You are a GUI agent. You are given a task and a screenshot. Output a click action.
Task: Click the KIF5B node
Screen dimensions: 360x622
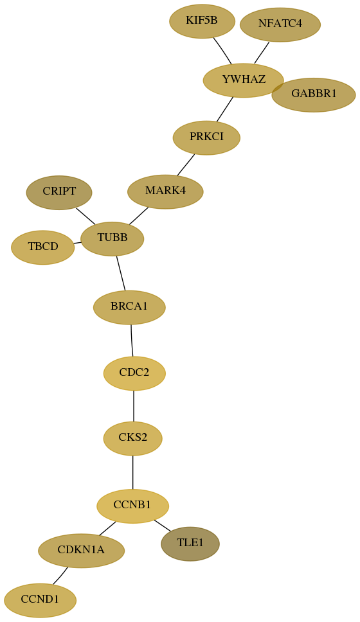(202, 21)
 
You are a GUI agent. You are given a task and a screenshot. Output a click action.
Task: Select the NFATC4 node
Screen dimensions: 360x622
(280, 24)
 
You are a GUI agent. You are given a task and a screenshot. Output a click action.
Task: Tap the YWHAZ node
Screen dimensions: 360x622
(243, 80)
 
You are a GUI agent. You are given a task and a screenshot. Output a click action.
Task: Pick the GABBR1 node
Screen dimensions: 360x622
(314, 95)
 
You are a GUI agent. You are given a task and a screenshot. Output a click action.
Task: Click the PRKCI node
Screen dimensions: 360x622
(206, 138)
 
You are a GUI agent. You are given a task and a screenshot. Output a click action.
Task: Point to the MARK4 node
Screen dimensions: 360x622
(165, 191)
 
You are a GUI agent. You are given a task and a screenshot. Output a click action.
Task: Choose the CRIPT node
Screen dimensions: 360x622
(59, 192)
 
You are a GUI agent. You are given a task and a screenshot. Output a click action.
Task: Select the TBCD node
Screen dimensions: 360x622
(43, 247)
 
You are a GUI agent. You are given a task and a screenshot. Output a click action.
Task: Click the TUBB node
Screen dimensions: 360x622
(113, 239)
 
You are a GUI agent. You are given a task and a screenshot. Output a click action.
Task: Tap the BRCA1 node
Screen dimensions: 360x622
(129, 307)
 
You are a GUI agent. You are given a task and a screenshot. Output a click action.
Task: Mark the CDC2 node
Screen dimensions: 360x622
(134, 373)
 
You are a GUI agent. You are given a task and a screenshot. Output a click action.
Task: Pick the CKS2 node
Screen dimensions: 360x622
(133, 438)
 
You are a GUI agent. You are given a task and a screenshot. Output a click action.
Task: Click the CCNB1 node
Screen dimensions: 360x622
(133, 506)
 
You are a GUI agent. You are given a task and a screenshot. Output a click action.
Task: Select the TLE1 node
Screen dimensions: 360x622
(190, 544)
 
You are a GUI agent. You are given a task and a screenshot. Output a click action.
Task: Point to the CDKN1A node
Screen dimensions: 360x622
(82, 551)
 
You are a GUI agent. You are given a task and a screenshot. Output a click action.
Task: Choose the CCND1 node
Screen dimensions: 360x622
(40, 600)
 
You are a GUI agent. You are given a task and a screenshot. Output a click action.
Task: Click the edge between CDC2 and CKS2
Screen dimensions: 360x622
(134, 406)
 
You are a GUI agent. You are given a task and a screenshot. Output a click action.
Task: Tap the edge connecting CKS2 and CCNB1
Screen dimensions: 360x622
(133, 472)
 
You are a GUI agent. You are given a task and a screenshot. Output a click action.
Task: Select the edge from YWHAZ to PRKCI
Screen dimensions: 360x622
(225, 109)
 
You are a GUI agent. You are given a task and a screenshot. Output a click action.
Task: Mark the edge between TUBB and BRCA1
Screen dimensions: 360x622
(121, 273)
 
